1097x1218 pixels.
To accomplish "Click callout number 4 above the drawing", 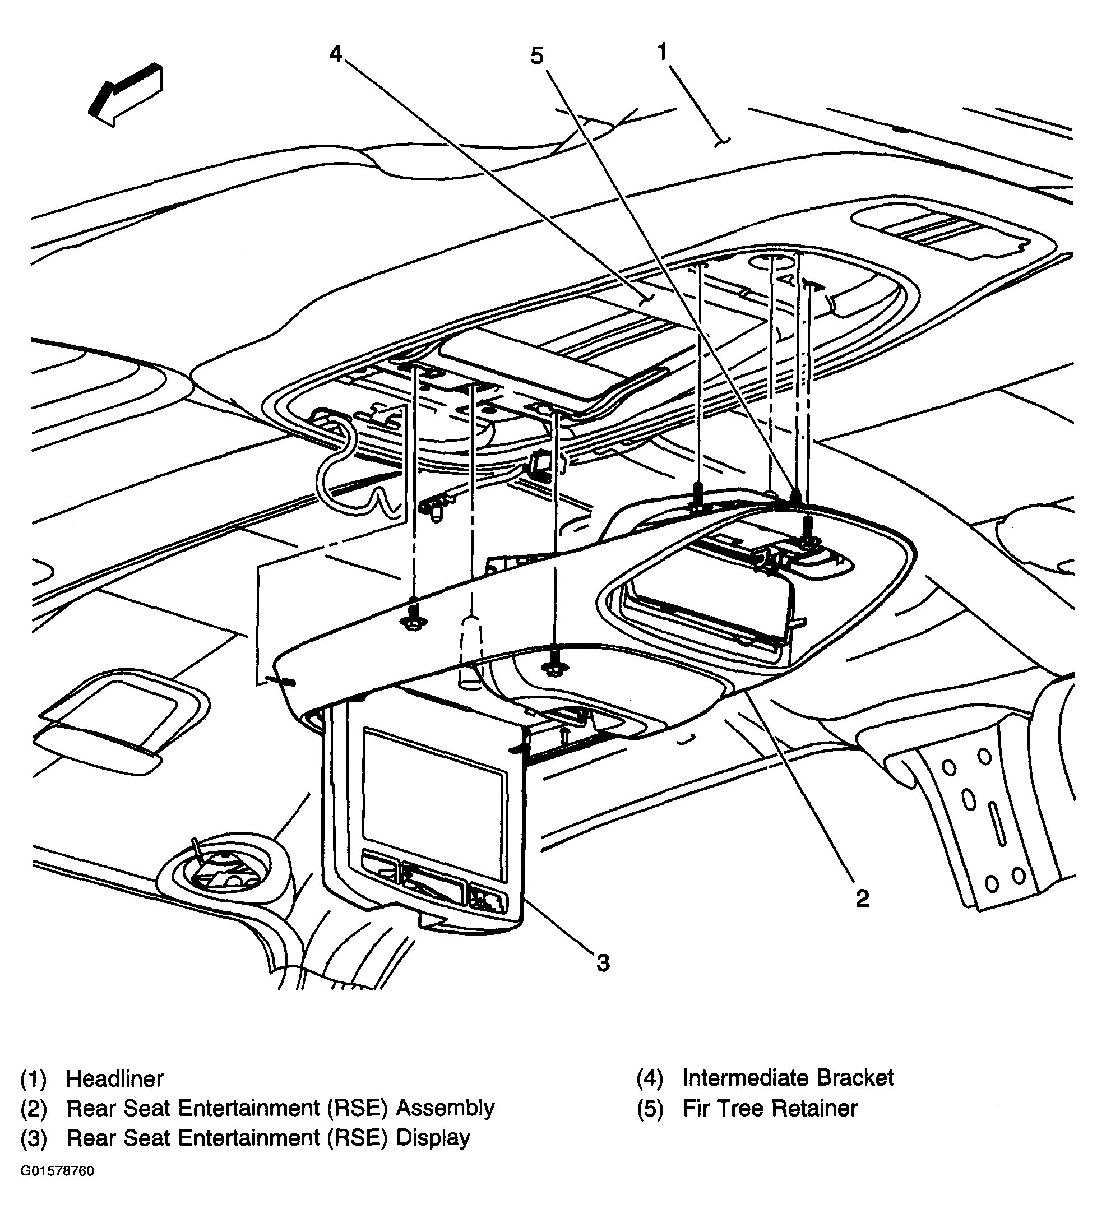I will coord(335,54).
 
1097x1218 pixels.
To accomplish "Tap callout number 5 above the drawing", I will coord(536,57).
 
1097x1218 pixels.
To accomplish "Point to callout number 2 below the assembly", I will coord(863,899).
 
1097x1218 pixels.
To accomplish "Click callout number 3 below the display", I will coord(603,963).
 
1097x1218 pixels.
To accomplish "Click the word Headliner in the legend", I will coord(114,1078).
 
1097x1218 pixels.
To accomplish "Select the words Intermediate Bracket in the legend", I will coord(787,1077).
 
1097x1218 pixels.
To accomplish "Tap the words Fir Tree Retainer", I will coord(770,1108).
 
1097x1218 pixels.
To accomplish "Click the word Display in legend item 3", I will coord(433,1138).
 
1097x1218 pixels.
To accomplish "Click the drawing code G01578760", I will coord(57,1171).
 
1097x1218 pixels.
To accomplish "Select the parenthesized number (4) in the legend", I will coord(649,1077).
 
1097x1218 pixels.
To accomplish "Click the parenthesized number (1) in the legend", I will coord(33,1078).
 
